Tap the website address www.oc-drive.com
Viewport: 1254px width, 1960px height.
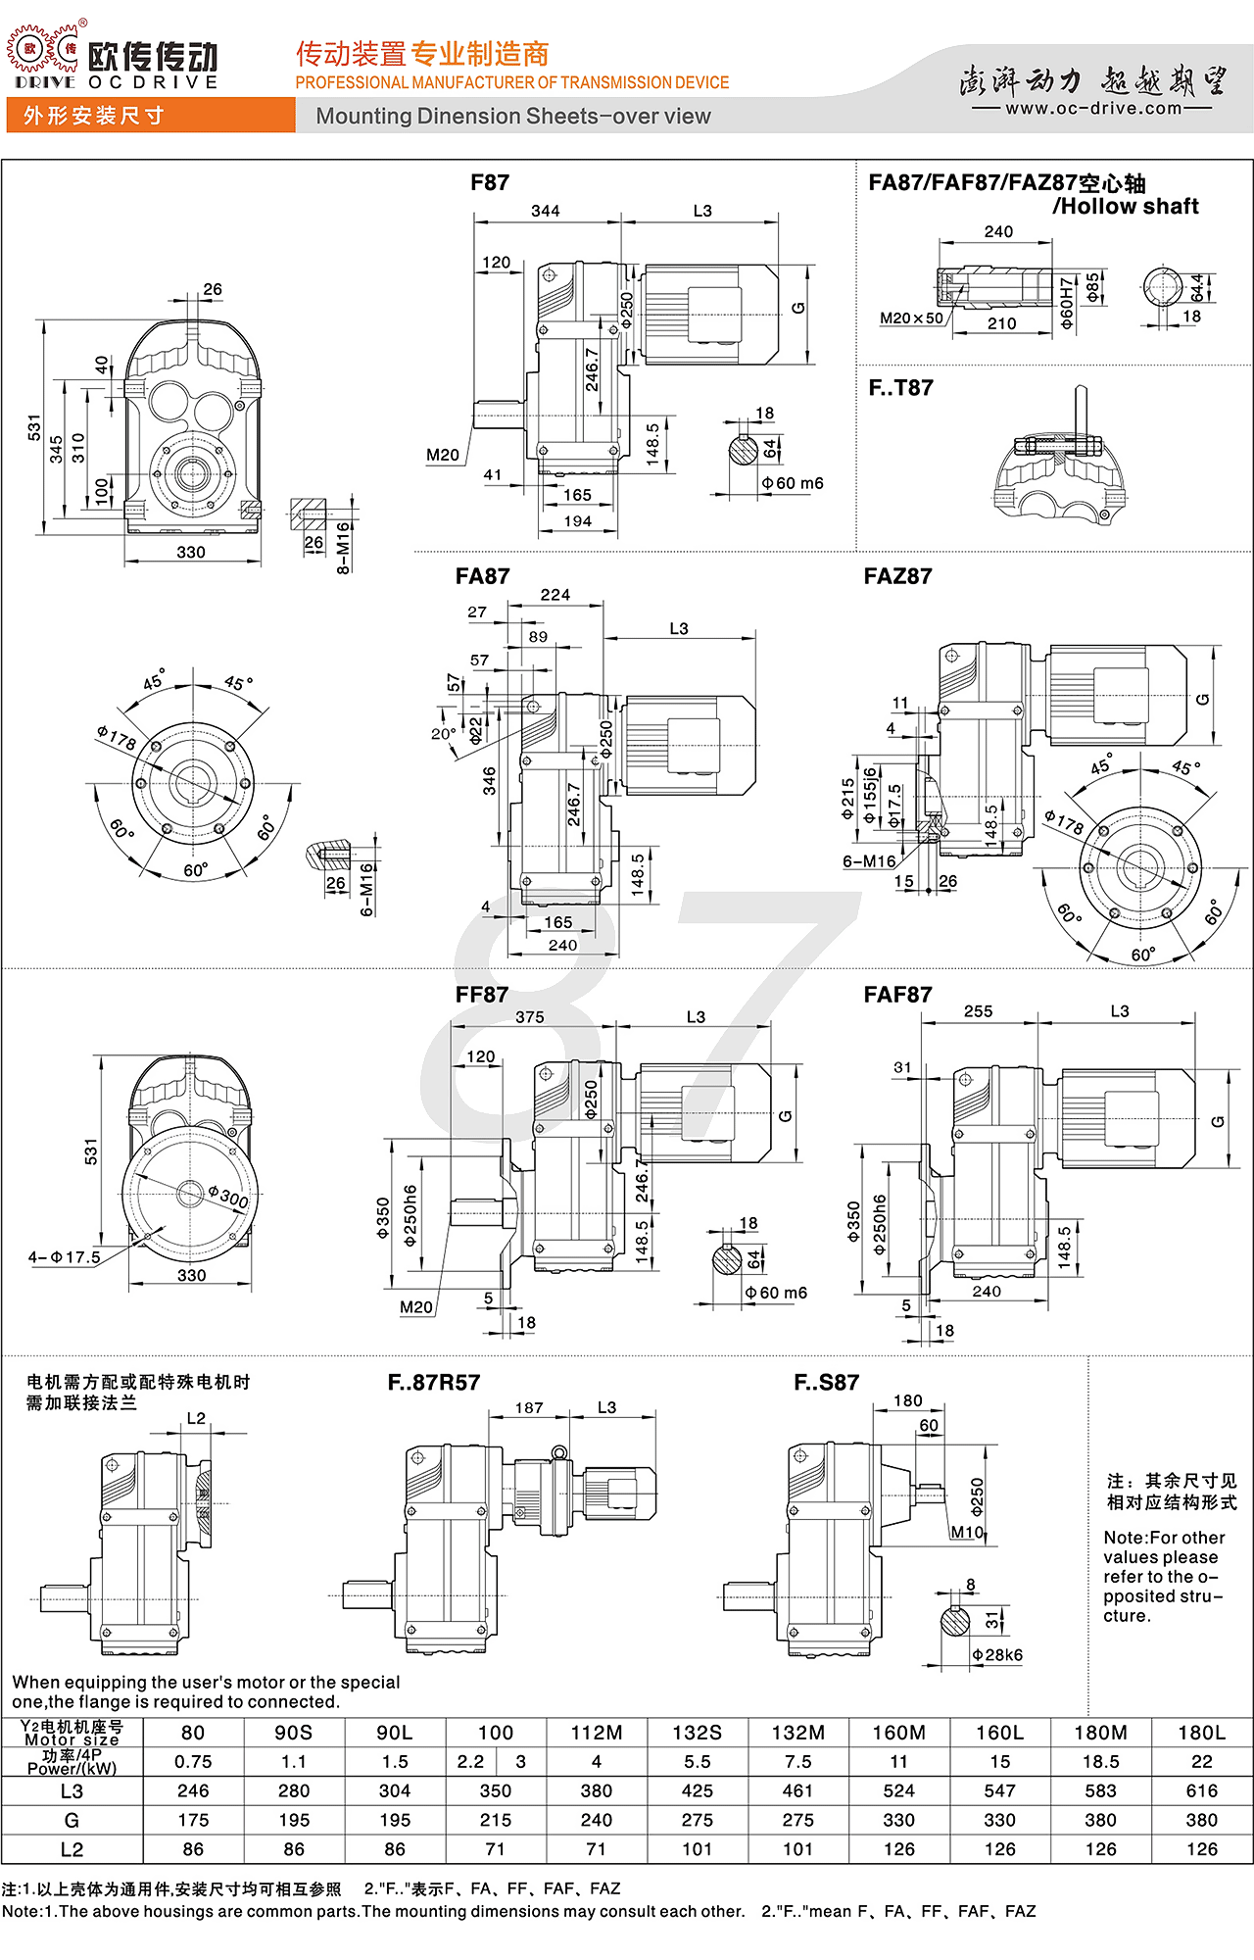[x=1093, y=108]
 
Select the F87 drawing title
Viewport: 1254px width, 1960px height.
[x=490, y=182]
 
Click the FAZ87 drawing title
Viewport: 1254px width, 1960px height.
[x=897, y=576]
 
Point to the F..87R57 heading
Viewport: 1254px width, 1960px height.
[x=434, y=1383]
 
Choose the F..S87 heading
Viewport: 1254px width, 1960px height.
[x=826, y=1383]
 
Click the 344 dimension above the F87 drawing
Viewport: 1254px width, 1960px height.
[x=546, y=211]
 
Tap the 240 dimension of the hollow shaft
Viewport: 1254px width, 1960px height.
[x=998, y=231]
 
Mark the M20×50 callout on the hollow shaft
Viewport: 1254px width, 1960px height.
[x=911, y=318]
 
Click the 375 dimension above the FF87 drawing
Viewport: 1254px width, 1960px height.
[x=530, y=1017]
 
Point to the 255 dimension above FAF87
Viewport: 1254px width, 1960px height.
[x=978, y=1011]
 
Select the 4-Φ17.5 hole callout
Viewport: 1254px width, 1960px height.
[x=64, y=1257]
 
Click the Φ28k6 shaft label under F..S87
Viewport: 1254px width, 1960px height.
[x=997, y=1655]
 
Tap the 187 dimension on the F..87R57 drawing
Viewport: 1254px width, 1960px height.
[x=529, y=1408]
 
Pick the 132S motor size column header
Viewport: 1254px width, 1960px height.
[x=697, y=1733]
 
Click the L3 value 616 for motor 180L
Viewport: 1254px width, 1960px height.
[x=1201, y=1790]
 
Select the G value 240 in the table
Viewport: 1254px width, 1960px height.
[x=596, y=1820]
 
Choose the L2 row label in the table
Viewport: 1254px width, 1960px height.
[x=72, y=1849]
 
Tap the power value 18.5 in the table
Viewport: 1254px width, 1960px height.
[x=1100, y=1761]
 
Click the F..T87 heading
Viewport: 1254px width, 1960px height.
[x=900, y=388]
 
